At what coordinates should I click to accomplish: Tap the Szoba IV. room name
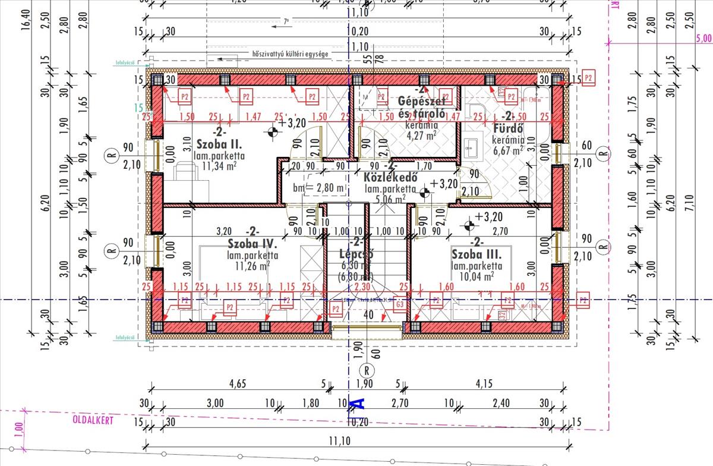click(x=253, y=244)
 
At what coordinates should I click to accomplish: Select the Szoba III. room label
click(x=477, y=254)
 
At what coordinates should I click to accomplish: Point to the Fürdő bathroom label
click(x=507, y=128)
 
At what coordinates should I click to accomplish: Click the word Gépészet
click(x=422, y=102)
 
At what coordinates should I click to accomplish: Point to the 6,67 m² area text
click(x=507, y=150)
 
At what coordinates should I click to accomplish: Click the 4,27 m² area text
click(x=421, y=135)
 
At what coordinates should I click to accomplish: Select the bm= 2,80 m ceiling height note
click(x=319, y=188)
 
